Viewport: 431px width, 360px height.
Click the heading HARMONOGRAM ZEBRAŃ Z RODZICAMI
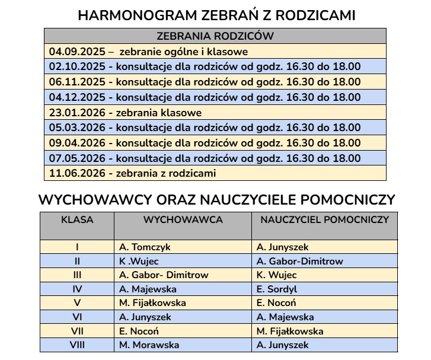216,15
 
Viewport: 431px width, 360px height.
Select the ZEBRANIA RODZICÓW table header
215,36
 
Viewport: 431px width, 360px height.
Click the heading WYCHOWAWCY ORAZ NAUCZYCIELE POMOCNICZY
216,200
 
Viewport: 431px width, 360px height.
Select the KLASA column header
77,219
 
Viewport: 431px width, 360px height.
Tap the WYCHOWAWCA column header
183,219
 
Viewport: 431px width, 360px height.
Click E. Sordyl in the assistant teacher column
277,289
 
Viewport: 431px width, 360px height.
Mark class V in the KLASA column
77,303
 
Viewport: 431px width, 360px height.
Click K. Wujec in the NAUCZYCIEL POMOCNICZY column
277,275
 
